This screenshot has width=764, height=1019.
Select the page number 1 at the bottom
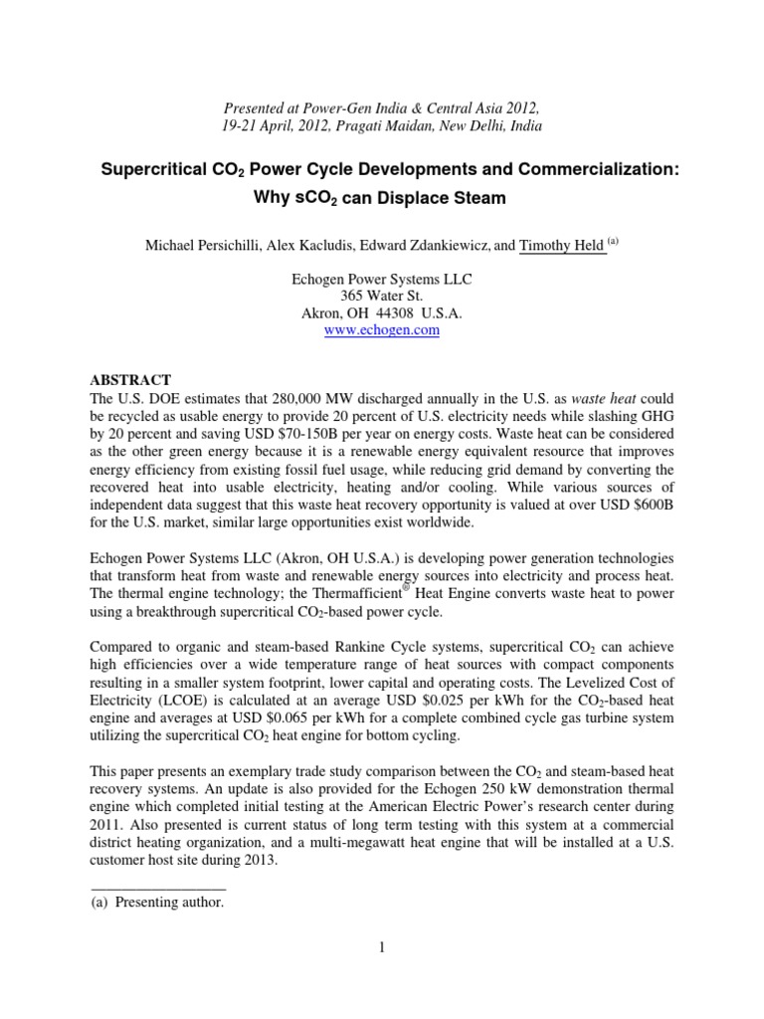[x=381, y=946]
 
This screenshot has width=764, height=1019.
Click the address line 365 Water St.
[x=382, y=296]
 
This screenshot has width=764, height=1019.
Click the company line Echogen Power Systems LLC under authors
[x=382, y=279]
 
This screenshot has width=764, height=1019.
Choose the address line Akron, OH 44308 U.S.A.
[x=382, y=312]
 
